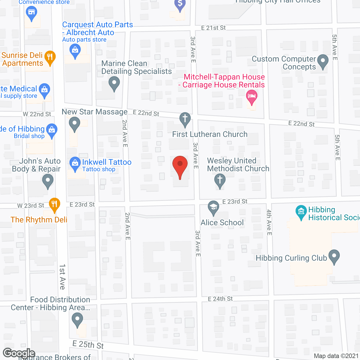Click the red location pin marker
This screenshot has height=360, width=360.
180,165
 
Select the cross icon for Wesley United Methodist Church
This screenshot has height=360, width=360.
220,180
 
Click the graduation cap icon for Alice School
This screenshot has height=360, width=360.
213,207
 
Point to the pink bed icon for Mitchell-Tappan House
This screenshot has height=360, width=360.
251,96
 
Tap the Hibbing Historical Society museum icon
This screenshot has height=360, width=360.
301,211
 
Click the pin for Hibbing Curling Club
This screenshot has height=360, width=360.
334,256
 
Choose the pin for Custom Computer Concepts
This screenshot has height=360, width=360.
323,61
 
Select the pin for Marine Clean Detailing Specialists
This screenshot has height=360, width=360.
114,83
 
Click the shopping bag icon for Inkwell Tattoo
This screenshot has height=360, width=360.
75,163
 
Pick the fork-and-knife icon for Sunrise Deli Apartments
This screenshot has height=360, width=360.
50,57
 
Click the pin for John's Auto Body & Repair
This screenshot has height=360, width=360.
48,180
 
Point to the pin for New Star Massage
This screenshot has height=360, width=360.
75,123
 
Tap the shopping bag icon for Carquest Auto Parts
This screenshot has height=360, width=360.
75,51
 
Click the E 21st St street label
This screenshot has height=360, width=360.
213,28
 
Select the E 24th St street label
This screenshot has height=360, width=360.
220,299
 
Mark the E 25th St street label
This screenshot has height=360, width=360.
88,345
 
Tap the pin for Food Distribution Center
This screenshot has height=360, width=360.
77,319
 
